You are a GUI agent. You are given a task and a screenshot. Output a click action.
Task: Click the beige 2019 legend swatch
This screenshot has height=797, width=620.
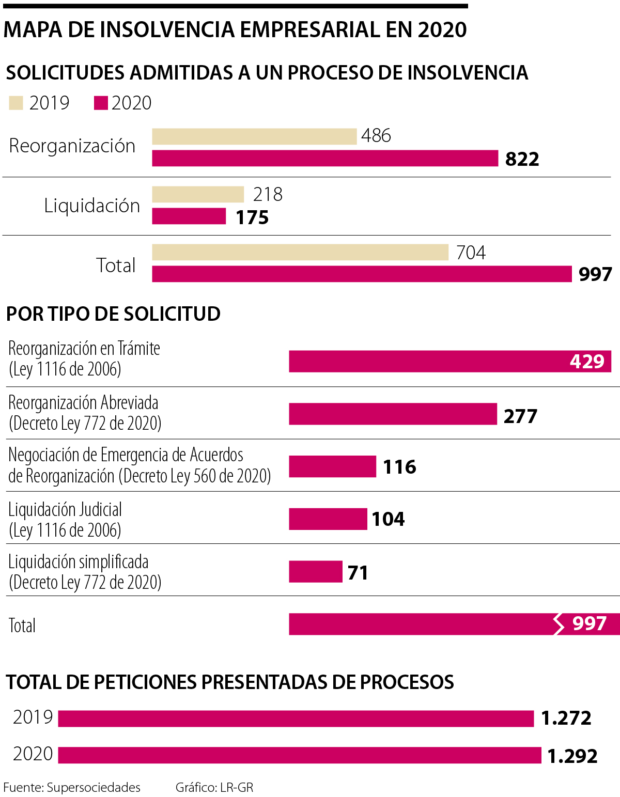[x=16, y=103]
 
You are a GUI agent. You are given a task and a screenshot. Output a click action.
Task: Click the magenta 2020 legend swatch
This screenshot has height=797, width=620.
[x=101, y=103]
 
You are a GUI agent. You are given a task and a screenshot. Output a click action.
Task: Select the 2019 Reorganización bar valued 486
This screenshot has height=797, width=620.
[x=254, y=137]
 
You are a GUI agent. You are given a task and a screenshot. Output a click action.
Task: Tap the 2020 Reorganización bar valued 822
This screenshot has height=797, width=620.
[x=325, y=158]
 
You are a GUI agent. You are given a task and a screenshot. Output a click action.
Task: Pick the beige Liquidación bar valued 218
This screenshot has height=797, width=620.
[x=198, y=195]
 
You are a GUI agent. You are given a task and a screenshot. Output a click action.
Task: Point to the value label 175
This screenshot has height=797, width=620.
[x=252, y=217]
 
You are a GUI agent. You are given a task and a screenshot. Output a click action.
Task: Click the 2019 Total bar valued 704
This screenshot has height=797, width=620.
[x=300, y=253]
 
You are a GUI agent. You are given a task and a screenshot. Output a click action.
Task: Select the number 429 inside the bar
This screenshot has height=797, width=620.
[x=587, y=361]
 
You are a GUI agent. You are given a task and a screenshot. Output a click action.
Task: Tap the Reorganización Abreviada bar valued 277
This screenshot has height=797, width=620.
[x=393, y=414]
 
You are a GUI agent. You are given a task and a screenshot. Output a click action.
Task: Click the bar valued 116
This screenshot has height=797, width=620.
[x=332, y=466]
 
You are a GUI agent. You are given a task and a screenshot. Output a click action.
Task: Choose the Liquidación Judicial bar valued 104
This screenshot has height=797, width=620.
[x=328, y=519]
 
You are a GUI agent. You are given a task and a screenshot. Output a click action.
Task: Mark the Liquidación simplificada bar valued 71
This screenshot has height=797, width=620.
[x=315, y=572]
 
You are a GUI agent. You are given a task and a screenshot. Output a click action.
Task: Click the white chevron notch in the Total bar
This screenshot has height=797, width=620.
[x=559, y=624]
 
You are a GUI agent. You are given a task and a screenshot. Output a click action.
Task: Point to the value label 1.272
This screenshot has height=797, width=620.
[x=566, y=718]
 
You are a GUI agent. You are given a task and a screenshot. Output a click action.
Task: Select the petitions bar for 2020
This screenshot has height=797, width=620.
[x=300, y=755]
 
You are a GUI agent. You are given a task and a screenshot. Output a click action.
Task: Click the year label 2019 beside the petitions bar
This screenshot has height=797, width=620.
[x=33, y=717]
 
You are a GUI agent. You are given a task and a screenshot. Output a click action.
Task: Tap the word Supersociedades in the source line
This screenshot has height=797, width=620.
[x=94, y=788]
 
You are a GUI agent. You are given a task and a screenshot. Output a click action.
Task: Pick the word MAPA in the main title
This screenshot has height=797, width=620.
[x=33, y=30]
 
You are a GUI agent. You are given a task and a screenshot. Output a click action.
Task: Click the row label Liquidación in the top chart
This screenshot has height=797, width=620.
[x=92, y=206]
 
